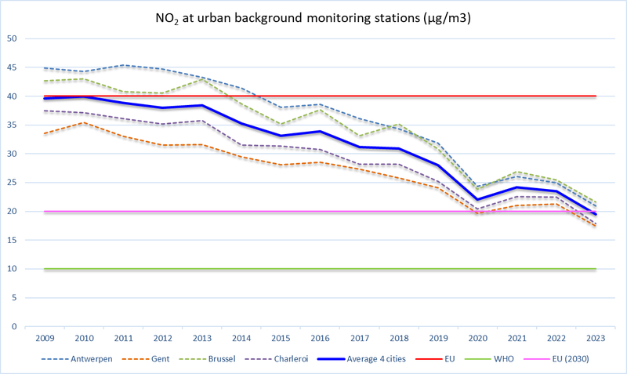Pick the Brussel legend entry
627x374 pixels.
tap(252, 361)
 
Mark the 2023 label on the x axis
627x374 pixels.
tap(596, 340)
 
